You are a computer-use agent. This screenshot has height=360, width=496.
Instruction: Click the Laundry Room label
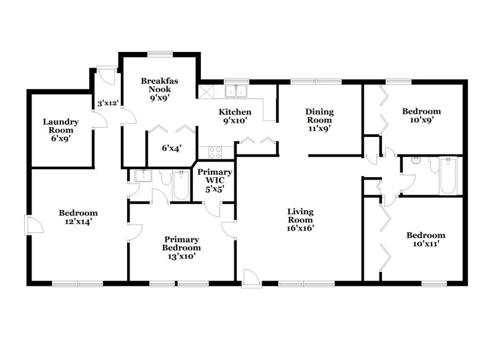[60, 126]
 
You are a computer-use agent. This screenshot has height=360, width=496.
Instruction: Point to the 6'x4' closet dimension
[172, 148]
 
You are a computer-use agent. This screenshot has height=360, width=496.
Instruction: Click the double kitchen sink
[236, 92]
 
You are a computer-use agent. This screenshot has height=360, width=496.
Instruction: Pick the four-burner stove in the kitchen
[216, 151]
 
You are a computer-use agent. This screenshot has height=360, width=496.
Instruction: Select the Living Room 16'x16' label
[300, 219]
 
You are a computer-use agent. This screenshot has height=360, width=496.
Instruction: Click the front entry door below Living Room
[251, 278]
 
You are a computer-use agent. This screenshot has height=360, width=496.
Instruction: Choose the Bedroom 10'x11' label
[425, 239]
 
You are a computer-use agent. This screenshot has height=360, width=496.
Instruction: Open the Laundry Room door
[99, 121]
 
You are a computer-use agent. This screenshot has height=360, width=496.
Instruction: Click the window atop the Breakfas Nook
[159, 53]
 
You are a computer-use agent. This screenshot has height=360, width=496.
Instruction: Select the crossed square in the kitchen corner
[206, 91]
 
